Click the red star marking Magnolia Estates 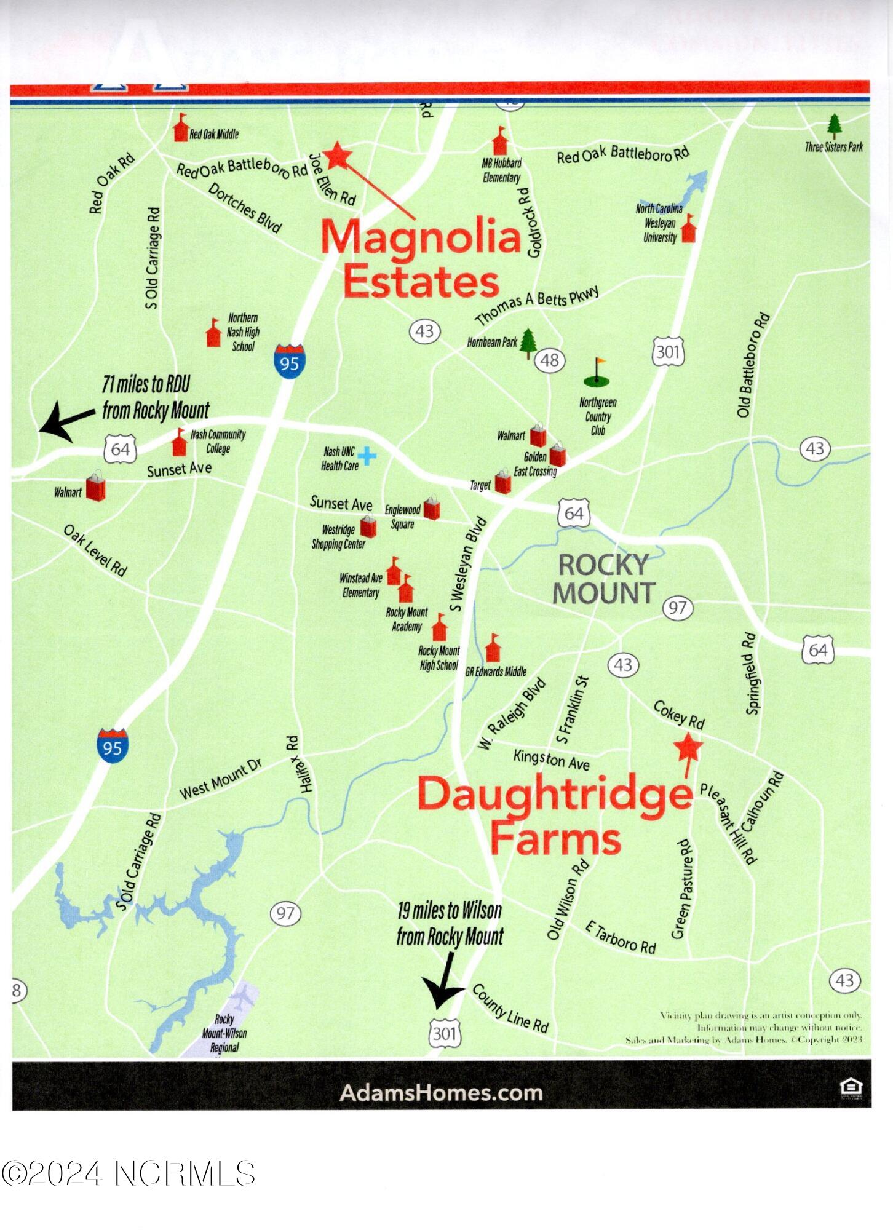337,156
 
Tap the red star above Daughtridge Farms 688,747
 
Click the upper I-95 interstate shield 289,362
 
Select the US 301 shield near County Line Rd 444,1033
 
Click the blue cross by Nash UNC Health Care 367,456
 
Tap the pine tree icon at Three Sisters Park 834,126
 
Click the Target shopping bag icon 502,482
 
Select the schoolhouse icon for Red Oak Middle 180,128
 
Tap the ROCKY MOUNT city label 604,579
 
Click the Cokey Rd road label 678,714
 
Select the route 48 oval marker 550,360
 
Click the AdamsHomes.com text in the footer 441,1093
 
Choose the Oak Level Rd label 95,550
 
